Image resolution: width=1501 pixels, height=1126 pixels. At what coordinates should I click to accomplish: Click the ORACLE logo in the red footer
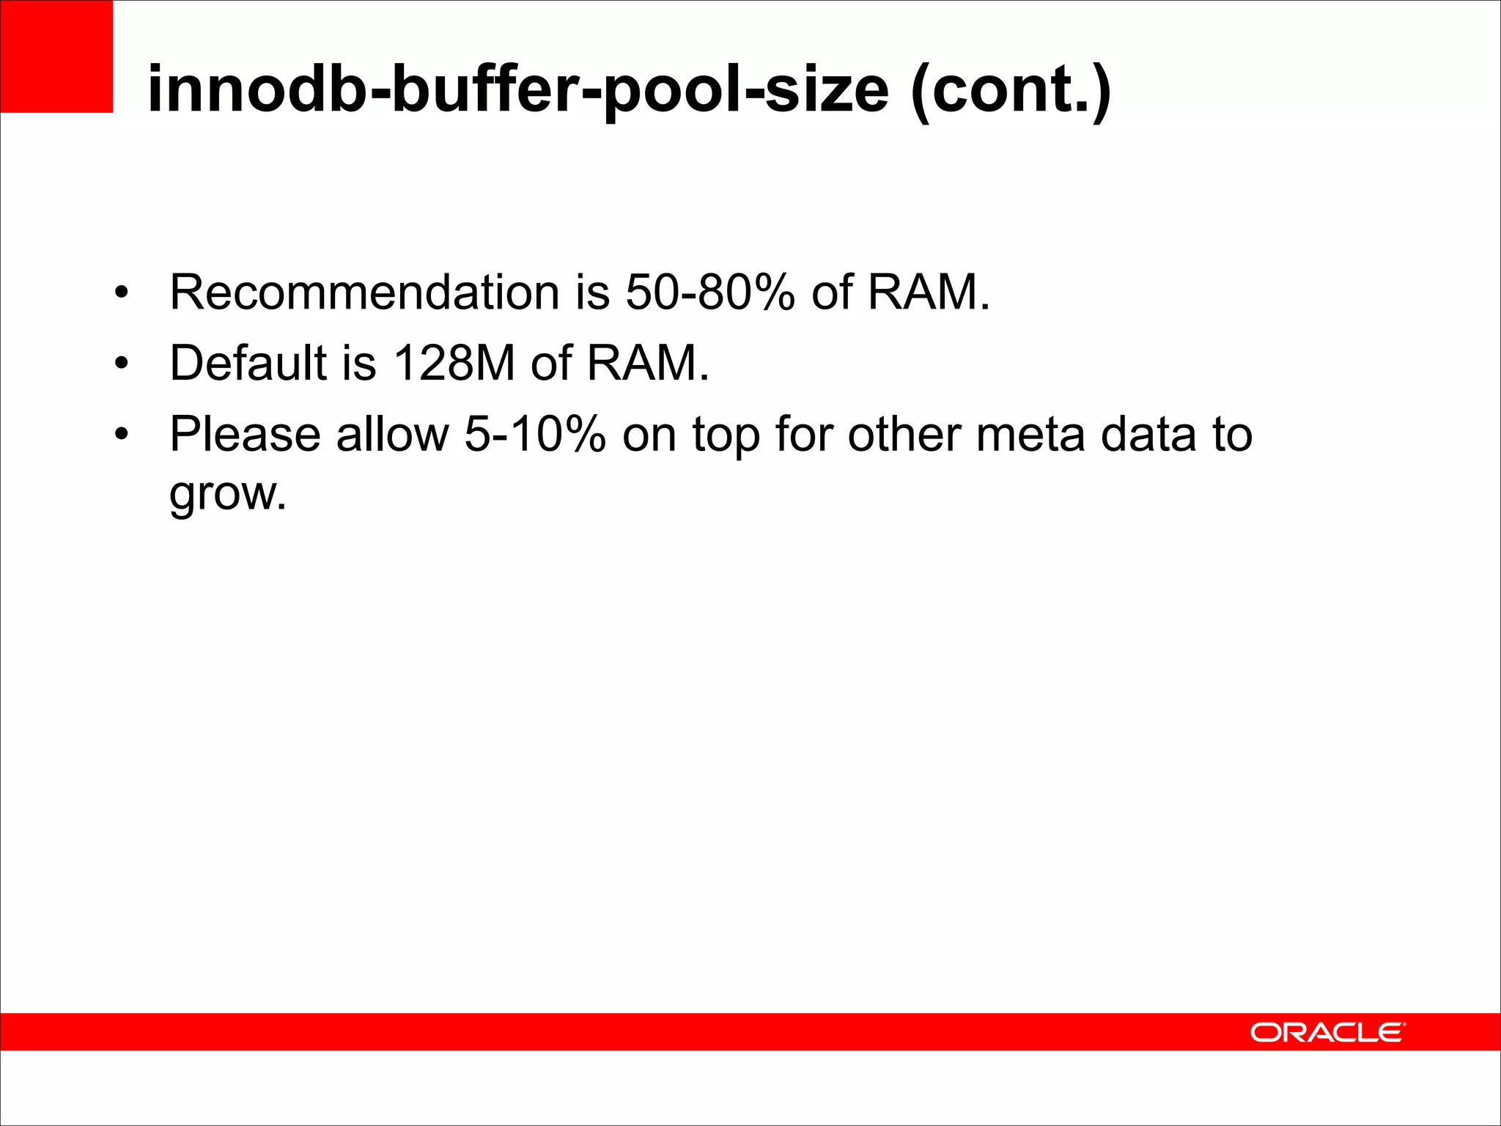pyautogui.click(x=1327, y=1032)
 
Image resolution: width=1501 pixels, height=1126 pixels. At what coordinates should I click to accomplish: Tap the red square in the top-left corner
pyautogui.click(x=56, y=56)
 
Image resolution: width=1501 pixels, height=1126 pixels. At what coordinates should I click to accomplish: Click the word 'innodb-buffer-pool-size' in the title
pyautogui.click(x=517, y=89)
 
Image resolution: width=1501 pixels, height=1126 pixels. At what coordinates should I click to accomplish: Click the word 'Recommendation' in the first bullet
pyautogui.click(x=364, y=292)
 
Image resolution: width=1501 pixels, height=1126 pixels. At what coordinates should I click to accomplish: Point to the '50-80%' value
pyautogui.click(x=709, y=292)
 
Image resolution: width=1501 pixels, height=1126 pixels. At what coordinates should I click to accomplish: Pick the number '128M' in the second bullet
pyautogui.click(x=454, y=362)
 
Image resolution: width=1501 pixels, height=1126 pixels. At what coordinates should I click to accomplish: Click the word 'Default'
pyautogui.click(x=248, y=362)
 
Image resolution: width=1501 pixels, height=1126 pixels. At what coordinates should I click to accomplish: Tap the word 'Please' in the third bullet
pyautogui.click(x=245, y=434)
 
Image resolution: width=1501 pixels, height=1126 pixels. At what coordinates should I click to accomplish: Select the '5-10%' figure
pyautogui.click(x=535, y=434)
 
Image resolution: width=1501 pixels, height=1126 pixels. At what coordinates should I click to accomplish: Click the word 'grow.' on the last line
pyautogui.click(x=227, y=494)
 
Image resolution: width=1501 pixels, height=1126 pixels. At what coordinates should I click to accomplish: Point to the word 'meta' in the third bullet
pyautogui.click(x=1030, y=434)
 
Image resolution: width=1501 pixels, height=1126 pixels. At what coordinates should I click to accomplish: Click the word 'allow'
pyautogui.click(x=392, y=434)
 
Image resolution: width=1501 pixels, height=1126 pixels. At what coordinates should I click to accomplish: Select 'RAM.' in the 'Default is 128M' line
pyautogui.click(x=648, y=362)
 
